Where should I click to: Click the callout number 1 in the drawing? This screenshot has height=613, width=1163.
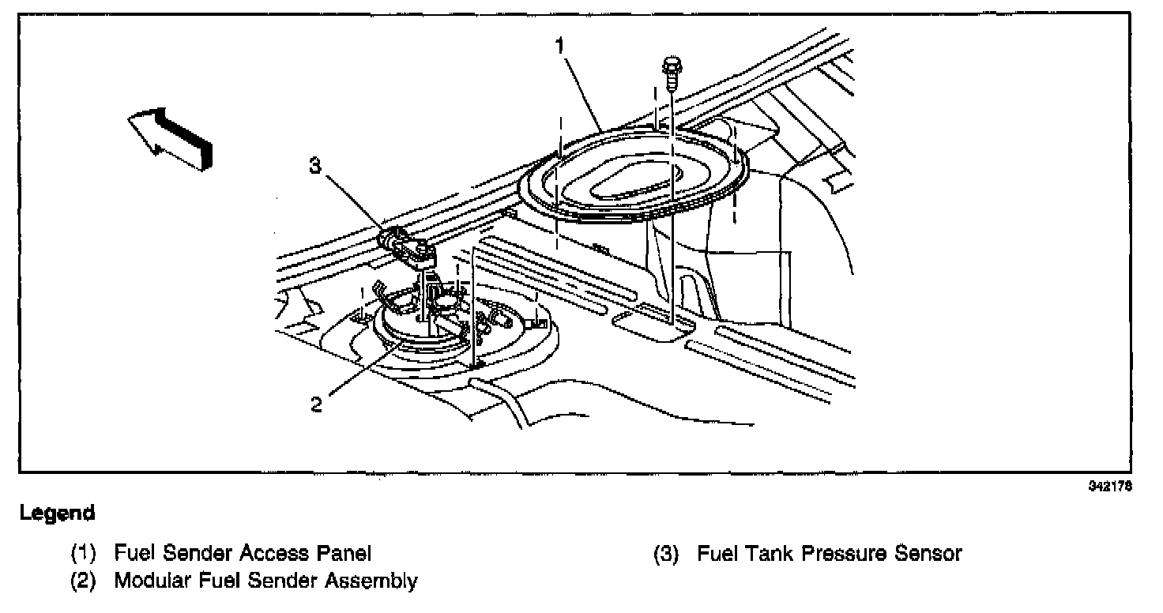pyautogui.click(x=559, y=46)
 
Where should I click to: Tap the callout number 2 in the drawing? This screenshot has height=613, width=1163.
pyautogui.click(x=317, y=404)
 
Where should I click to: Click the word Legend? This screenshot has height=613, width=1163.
pyautogui.click(x=58, y=513)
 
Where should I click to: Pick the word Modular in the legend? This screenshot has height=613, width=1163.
pyautogui.click(x=152, y=581)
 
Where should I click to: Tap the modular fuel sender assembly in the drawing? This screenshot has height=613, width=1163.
pyautogui.click(x=427, y=324)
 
